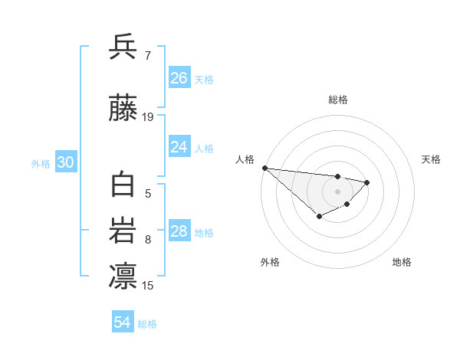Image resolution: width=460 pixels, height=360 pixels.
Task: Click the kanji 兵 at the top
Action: click(123, 47)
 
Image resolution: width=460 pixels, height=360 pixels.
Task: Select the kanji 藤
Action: click(123, 110)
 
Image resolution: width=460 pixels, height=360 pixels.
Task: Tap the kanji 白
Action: click(123, 186)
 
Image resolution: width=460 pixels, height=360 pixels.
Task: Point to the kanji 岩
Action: click(123, 232)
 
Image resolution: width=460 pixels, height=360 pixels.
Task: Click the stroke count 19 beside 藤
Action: click(148, 117)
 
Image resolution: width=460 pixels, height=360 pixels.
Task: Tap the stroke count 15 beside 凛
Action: click(148, 286)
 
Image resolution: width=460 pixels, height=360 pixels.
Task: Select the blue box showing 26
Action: click(179, 78)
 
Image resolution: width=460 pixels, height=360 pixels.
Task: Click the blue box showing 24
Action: click(179, 147)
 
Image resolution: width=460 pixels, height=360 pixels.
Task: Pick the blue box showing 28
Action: click(179, 231)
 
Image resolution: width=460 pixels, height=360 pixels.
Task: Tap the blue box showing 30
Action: click(64, 162)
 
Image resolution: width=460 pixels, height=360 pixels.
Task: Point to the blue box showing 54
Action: click(123, 322)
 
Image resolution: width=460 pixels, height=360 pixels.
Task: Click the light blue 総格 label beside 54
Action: click(147, 324)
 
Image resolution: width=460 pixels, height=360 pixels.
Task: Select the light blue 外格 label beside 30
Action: click(41, 164)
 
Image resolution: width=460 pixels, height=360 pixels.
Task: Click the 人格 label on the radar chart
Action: click(245, 159)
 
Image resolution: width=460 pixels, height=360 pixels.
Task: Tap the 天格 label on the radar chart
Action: click(431, 159)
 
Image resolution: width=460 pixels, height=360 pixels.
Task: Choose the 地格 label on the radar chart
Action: click(402, 262)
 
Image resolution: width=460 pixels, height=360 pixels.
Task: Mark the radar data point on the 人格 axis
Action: click(264, 168)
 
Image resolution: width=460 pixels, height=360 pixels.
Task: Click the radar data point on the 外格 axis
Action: click(319, 218)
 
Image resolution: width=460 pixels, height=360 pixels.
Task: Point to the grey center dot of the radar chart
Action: click(337, 191)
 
